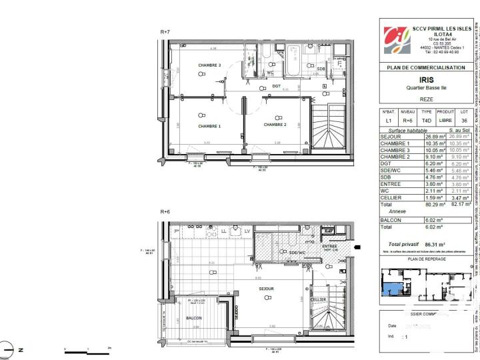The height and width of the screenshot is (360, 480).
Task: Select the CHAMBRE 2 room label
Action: point(275,125)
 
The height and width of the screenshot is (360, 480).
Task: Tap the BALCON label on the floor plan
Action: point(194,318)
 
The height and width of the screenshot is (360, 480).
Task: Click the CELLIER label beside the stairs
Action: point(318,299)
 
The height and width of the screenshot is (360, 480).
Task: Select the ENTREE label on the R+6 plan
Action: point(329,247)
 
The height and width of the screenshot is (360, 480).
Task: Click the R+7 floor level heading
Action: point(165,32)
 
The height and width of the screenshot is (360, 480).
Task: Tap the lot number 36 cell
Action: point(464,120)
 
